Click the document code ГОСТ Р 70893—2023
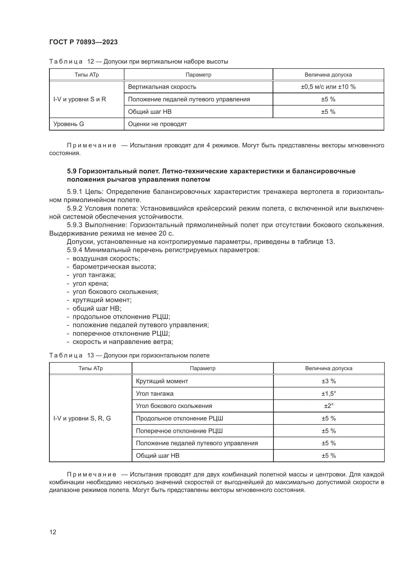[83, 42]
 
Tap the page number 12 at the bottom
[53, 532]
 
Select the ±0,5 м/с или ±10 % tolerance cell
[328, 87]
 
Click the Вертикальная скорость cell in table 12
[162, 87]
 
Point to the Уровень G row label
[69, 124]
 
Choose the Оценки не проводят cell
[157, 124]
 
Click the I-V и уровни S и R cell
[80, 99]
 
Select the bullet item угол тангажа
[94, 275]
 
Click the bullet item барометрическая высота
[114, 267]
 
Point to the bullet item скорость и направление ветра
[123, 342]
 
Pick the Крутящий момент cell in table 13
[162, 381]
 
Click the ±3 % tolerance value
[329, 381]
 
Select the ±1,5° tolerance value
[329, 394]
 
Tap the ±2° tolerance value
[329, 406]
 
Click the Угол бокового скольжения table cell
[174, 406]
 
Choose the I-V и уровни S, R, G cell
[82, 418]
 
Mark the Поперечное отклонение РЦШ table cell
[179, 431]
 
